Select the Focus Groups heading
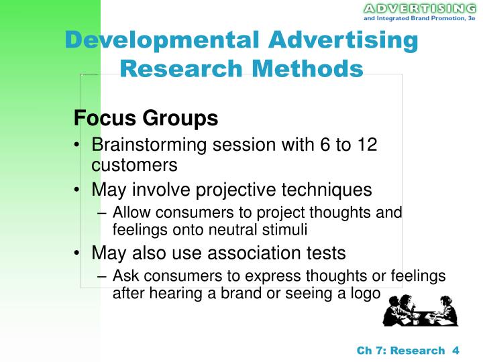[x=146, y=119]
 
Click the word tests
[x=322, y=253]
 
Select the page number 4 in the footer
[x=455, y=350]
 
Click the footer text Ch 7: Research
[x=400, y=350]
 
